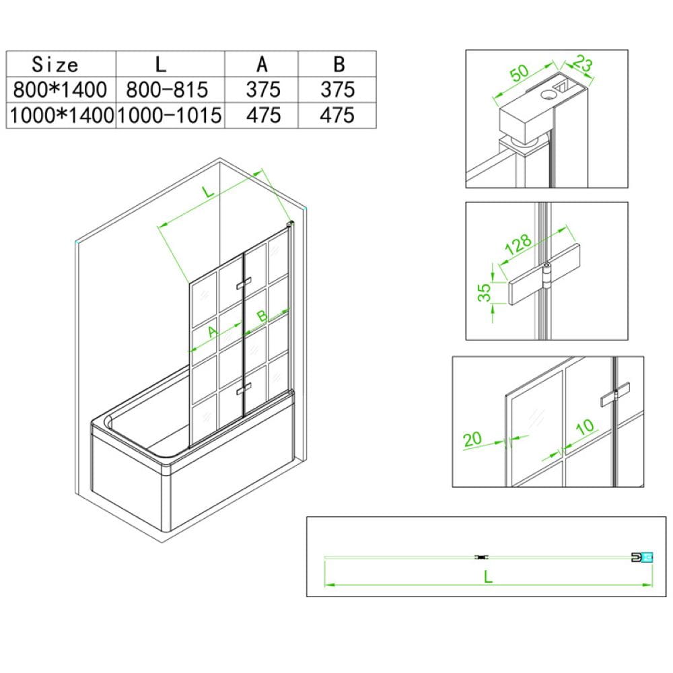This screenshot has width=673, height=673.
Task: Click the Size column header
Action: pyautogui.click(x=55, y=65)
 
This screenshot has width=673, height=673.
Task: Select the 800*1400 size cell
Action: pyautogui.click(x=60, y=90)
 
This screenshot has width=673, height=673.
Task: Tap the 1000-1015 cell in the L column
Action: pyautogui.click(x=169, y=115)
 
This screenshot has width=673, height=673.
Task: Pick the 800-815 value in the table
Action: pyautogui.click(x=167, y=90)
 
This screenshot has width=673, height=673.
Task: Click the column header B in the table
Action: pyautogui.click(x=339, y=65)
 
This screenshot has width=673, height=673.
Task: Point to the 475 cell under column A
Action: pyautogui.click(x=263, y=115)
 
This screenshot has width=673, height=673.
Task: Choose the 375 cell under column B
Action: pyautogui.click(x=338, y=90)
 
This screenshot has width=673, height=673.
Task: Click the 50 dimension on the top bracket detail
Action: pyautogui.click(x=519, y=73)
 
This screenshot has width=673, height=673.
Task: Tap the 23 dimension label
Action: pyautogui.click(x=582, y=63)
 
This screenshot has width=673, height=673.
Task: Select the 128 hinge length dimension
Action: pyautogui.click(x=518, y=244)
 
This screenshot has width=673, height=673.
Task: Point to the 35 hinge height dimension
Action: pyautogui.click(x=484, y=292)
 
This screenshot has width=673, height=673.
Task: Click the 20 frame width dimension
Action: pyautogui.click(x=472, y=439)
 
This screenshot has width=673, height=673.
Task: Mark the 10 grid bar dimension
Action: pyautogui.click(x=585, y=427)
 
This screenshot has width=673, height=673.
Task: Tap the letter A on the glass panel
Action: pyautogui.click(x=213, y=331)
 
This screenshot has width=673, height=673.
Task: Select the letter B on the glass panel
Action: pyautogui.click(x=261, y=316)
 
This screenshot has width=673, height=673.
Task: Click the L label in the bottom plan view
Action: pyautogui.click(x=487, y=577)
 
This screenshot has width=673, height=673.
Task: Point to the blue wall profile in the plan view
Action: pyautogui.click(x=647, y=557)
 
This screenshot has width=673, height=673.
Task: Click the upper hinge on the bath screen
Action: pyautogui.click(x=243, y=284)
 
